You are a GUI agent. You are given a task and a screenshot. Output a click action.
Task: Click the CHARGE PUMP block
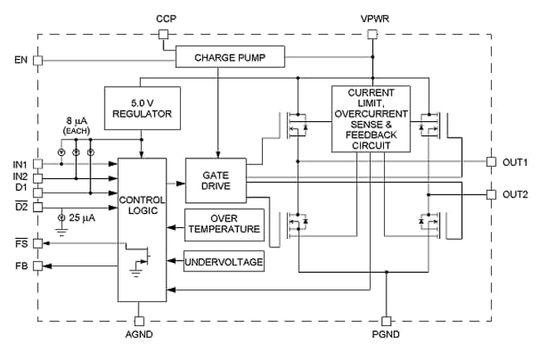[231, 58]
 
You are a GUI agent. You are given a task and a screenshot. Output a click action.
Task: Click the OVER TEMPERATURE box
[224, 224]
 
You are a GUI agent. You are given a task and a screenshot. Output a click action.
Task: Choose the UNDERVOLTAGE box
[224, 262]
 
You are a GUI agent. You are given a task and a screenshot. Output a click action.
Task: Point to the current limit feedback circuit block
[371, 119]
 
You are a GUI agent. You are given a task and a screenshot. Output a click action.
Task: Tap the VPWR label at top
[371, 17]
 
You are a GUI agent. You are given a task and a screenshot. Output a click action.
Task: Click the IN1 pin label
[20, 164]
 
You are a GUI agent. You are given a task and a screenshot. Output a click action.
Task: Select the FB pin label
[21, 266]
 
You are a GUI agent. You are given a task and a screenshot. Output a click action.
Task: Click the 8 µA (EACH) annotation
[80, 127]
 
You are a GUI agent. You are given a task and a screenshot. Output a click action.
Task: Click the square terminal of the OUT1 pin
[490, 162]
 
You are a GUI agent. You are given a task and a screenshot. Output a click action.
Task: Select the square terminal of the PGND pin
[385, 319]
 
